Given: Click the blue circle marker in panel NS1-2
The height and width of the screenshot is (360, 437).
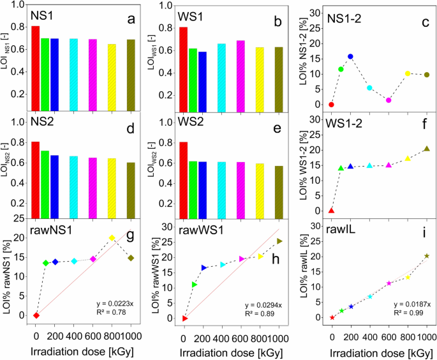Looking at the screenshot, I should coord(350,56).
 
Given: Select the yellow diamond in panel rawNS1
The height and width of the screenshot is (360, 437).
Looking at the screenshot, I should coord(112,238).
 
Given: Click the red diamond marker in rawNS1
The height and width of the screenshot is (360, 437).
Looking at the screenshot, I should coord(36,315).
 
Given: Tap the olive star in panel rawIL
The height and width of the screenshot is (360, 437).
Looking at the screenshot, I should coord(427,256).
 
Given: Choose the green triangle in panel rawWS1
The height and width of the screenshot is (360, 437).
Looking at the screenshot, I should coord(195,284).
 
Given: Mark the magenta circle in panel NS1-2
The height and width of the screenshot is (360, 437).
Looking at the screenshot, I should coord(389,100).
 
